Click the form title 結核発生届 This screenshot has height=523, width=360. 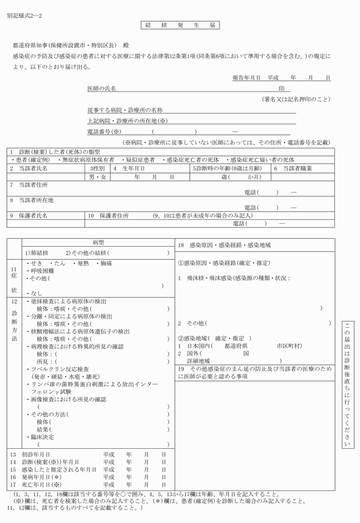(179, 26)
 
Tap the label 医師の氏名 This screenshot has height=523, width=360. (101, 89)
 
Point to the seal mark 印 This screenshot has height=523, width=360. (281, 89)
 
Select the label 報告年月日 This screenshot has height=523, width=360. (247, 77)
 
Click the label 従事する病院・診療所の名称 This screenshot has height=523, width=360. (125, 109)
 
